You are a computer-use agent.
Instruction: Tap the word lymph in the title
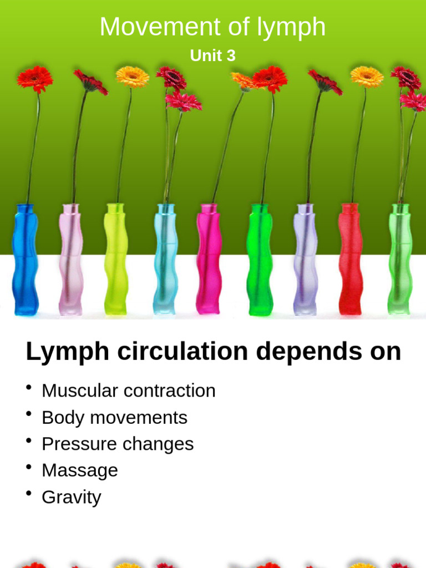coord(291,28)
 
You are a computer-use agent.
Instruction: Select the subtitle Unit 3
coord(212,55)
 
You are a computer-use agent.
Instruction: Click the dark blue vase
coord(25,260)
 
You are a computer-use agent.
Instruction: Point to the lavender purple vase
coord(305,259)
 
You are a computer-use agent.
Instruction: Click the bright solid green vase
coord(260,260)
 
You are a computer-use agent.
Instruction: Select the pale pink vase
coord(70,259)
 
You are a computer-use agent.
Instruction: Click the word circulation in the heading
coord(182,351)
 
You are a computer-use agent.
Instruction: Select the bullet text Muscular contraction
coord(129,390)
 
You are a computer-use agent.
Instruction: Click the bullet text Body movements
coord(114,418)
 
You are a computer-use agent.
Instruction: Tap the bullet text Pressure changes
coord(118,444)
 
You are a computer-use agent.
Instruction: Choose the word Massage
coord(80,470)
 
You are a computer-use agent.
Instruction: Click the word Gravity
coord(72,497)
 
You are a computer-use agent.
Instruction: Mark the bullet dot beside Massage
coord(29,467)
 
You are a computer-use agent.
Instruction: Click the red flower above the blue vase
coord(35,78)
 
